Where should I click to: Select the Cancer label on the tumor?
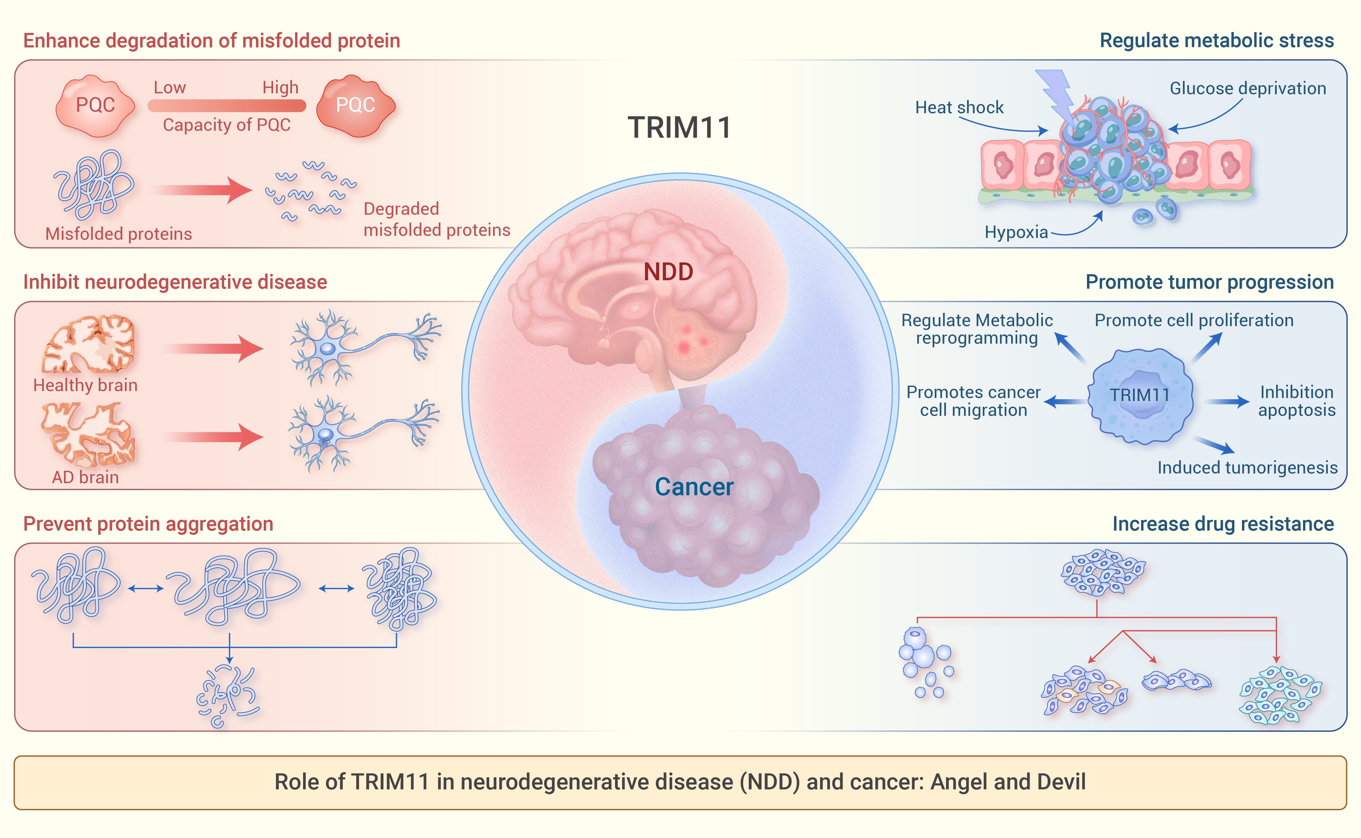[x=694, y=486]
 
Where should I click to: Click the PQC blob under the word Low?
[x=95, y=105]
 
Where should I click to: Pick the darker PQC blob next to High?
[x=355, y=105]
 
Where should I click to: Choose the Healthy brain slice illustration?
[x=89, y=344]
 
